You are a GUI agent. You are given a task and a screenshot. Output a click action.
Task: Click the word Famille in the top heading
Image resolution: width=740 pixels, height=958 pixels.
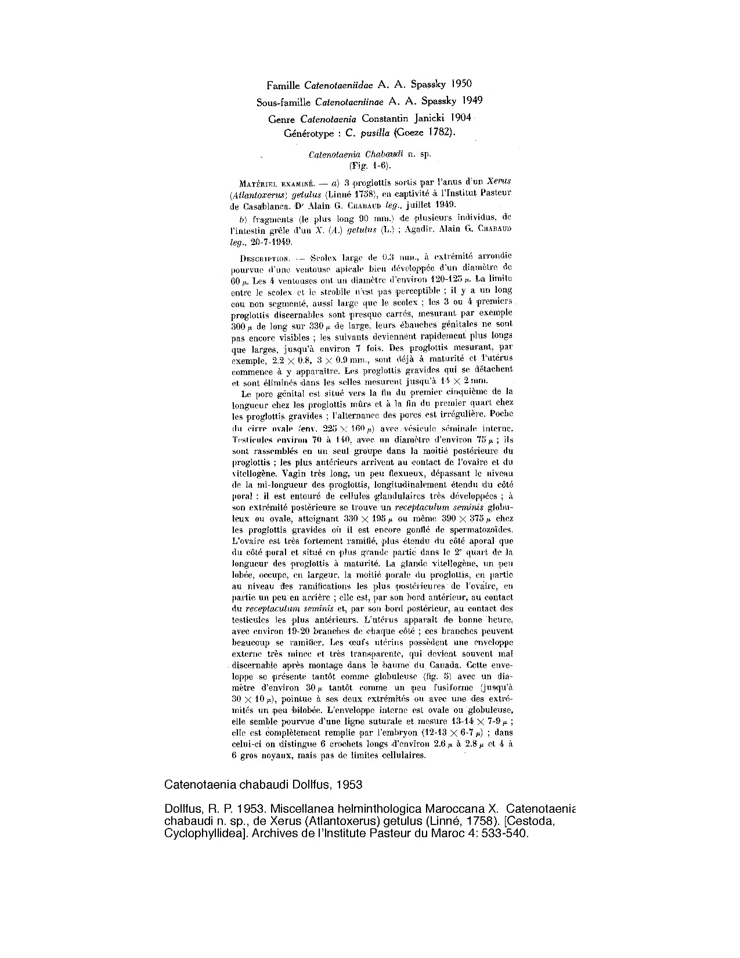click(x=284, y=85)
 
